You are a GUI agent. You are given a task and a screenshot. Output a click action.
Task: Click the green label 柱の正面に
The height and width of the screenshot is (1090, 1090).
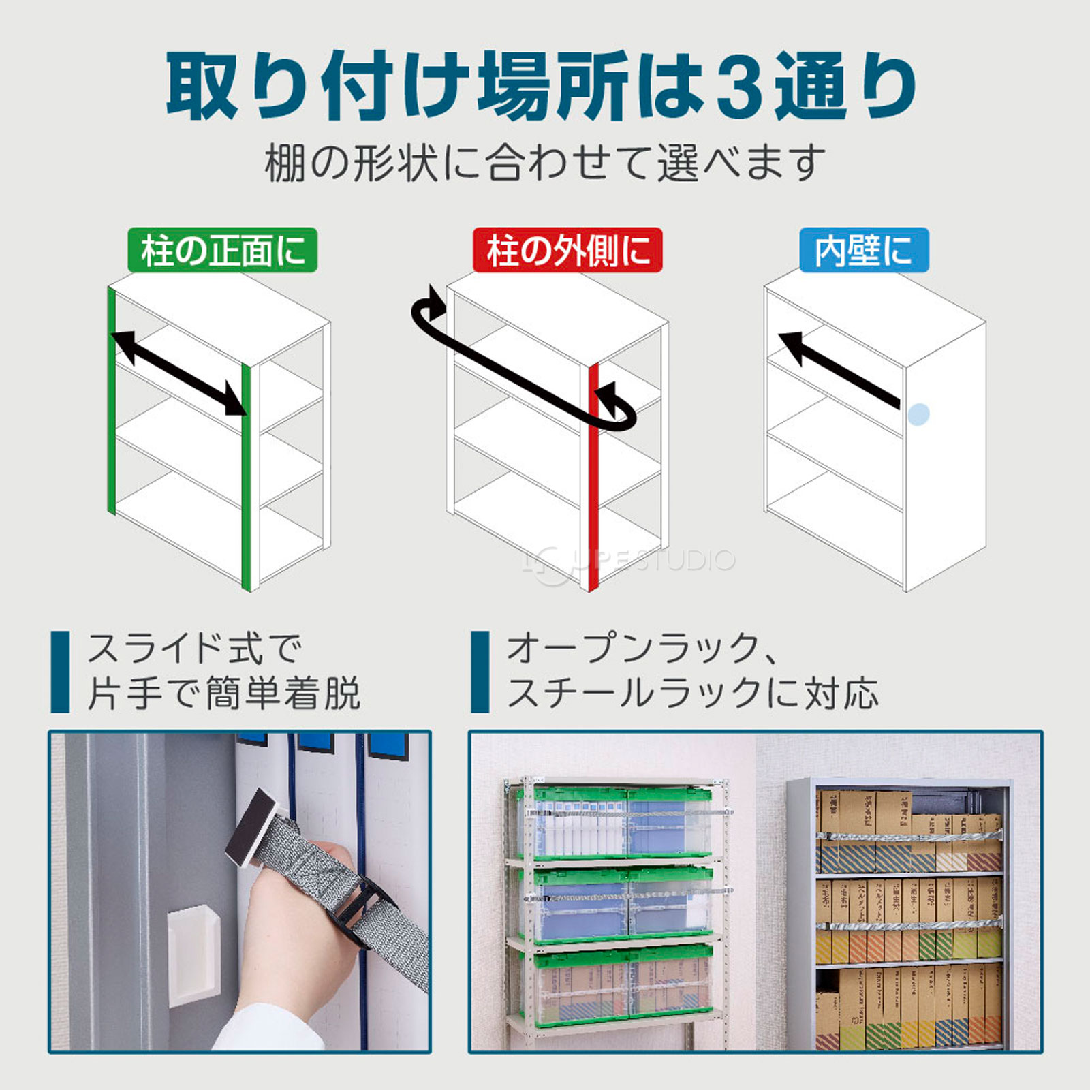coord(222,250)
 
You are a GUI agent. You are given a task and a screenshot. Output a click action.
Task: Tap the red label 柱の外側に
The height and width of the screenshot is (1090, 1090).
coord(567,250)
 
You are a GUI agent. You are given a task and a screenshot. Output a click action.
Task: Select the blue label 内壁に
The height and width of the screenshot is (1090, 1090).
coord(864,250)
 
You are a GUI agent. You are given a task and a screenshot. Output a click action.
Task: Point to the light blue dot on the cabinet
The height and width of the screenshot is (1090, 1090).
coord(918,414)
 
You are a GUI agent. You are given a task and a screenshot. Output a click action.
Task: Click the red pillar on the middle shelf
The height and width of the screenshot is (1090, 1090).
coord(593,477)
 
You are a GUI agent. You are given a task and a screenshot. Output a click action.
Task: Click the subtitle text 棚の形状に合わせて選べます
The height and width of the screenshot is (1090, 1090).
coord(545,163)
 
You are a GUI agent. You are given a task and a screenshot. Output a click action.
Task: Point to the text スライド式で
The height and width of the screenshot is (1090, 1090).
coord(194,648)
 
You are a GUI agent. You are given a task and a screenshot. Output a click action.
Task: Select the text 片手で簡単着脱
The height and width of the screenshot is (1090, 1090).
coord(224,694)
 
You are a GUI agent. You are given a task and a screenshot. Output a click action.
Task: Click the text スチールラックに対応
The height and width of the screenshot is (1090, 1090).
coord(692,694)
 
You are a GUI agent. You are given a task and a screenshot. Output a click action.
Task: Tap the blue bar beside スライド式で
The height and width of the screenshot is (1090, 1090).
coord(61,672)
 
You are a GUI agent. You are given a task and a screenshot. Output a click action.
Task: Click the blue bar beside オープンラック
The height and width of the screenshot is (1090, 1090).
coord(480,672)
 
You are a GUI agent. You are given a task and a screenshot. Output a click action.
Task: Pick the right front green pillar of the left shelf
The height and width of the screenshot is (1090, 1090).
coord(247,477)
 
